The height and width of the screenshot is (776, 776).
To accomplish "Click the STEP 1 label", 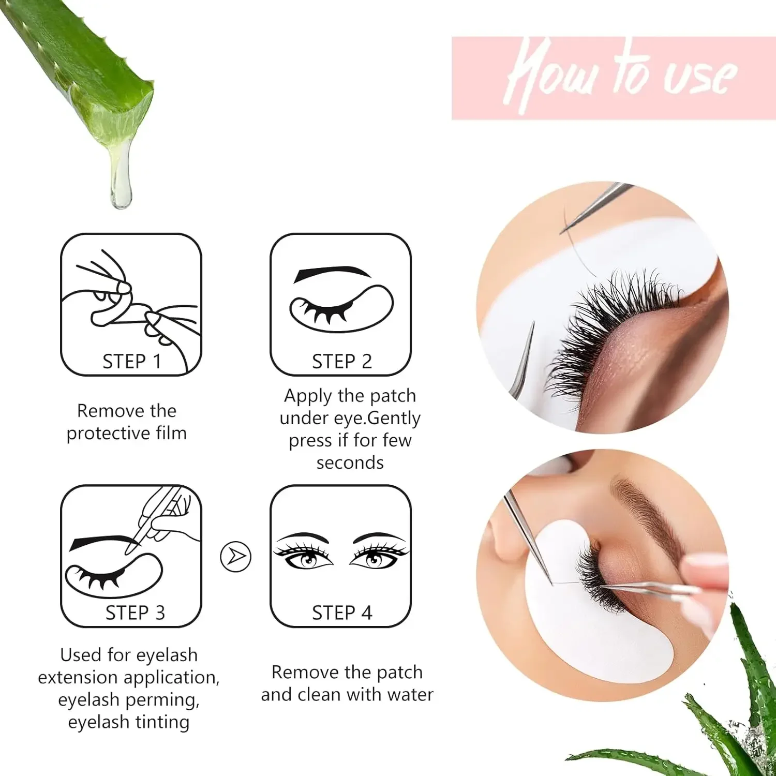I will (x=131, y=362).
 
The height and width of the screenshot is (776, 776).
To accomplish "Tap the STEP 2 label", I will (x=341, y=362).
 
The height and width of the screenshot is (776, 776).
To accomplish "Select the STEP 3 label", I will (x=135, y=613).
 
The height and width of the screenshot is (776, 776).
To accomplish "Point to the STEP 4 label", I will (x=341, y=613).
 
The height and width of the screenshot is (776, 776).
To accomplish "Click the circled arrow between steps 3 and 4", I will (x=236, y=557).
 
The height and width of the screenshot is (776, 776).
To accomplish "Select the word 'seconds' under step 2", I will (x=350, y=462).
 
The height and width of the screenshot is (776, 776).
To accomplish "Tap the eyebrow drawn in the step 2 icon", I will (x=332, y=273).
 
